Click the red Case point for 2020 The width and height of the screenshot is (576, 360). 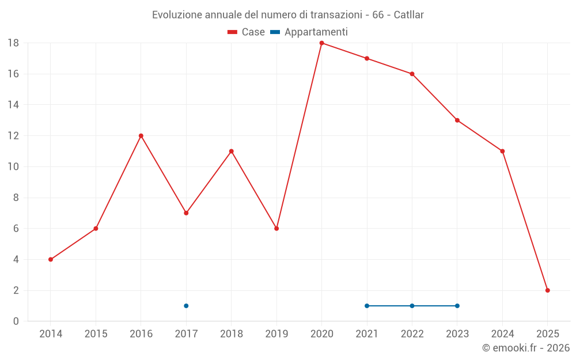pos(321,43)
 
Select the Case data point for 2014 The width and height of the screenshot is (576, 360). pos(51,259)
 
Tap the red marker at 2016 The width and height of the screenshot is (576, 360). pos(141,136)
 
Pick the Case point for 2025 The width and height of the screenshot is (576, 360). pos(548,290)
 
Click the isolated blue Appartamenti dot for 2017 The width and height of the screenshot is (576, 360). pos(186,306)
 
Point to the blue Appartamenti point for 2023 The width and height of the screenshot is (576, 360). pos(457,306)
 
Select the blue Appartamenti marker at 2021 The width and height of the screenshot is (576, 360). pos(367,306)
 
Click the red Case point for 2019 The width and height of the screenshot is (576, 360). pos(276,229)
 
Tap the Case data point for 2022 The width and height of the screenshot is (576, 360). pos(412,74)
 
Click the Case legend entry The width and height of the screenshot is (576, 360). pos(247,32)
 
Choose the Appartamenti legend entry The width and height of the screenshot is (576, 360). pos(309,32)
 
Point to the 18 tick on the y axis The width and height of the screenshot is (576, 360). pos(13,43)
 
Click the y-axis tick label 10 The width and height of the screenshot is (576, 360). pos(13,166)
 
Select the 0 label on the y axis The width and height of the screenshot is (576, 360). pos(16,321)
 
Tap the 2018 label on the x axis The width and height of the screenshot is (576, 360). pos(231,334)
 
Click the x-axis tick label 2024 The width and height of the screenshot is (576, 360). pos(502,334)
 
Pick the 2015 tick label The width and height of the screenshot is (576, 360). pos(96,334)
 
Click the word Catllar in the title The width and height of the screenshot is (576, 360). pos(409,14)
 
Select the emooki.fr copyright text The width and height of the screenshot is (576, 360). pos(526,348)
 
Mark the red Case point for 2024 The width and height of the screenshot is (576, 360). pos(502,151)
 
